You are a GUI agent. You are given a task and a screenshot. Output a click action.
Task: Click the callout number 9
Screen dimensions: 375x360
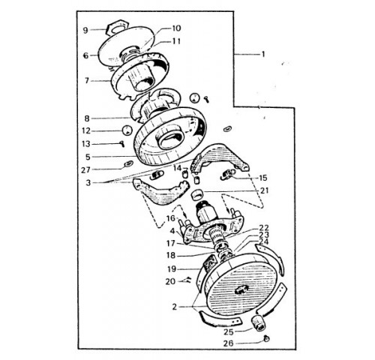tap(85, 31)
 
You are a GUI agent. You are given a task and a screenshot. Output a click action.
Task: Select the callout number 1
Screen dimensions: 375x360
tap(262, 54)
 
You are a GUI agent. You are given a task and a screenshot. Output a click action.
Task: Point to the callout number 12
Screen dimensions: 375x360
tap(87, 130)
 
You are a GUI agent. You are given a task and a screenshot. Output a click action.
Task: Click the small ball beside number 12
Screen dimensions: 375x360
tap(127, 130)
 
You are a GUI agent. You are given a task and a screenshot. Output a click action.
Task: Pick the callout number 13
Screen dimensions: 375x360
tap(86, 144)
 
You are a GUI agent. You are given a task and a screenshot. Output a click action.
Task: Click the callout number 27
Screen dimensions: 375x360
tap(85, 170)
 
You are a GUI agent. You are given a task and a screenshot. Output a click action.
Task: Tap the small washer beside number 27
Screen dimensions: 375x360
tap(128, 164)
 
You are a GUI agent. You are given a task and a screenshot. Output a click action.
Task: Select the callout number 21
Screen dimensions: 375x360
tap(264, 190)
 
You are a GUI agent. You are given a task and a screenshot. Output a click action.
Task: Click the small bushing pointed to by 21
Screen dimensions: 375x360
tap(196, 194)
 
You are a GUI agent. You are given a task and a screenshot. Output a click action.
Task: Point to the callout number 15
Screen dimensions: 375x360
tap(263, 178)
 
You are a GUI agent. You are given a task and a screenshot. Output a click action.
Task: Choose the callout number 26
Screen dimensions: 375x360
tap(229, 343)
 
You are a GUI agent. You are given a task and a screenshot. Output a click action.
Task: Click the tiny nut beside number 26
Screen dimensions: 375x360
tap(267, 339)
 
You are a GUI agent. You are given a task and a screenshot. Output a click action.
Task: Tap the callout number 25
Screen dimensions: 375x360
tap(229, 332)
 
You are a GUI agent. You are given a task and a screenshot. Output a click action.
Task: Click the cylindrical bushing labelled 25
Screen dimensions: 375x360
tap(259, 322)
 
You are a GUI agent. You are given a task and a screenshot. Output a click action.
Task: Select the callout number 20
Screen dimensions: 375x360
tap(170, 281)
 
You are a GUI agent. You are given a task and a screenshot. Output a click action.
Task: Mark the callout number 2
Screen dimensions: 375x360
tap(175, 307)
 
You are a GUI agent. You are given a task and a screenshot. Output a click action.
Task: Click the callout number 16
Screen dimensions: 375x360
tap(171, 218)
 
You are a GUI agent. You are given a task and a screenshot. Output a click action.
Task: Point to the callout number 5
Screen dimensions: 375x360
tap(88, 157)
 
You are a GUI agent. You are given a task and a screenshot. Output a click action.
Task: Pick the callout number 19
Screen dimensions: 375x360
tap(172, 269)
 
